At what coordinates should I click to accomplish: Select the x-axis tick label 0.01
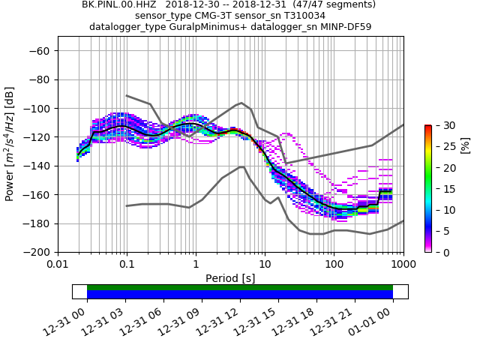(x=58, y=265)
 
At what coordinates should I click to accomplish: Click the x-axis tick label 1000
(x=403, y=265)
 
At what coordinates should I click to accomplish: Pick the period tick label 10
(x=265, y=265)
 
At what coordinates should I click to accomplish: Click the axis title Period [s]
(x=230, y=278)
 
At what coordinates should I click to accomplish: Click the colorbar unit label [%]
(x=466, y=145)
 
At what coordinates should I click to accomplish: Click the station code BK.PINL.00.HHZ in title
(x=120, y=4)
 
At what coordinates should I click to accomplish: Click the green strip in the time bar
(x=240, y=287)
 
